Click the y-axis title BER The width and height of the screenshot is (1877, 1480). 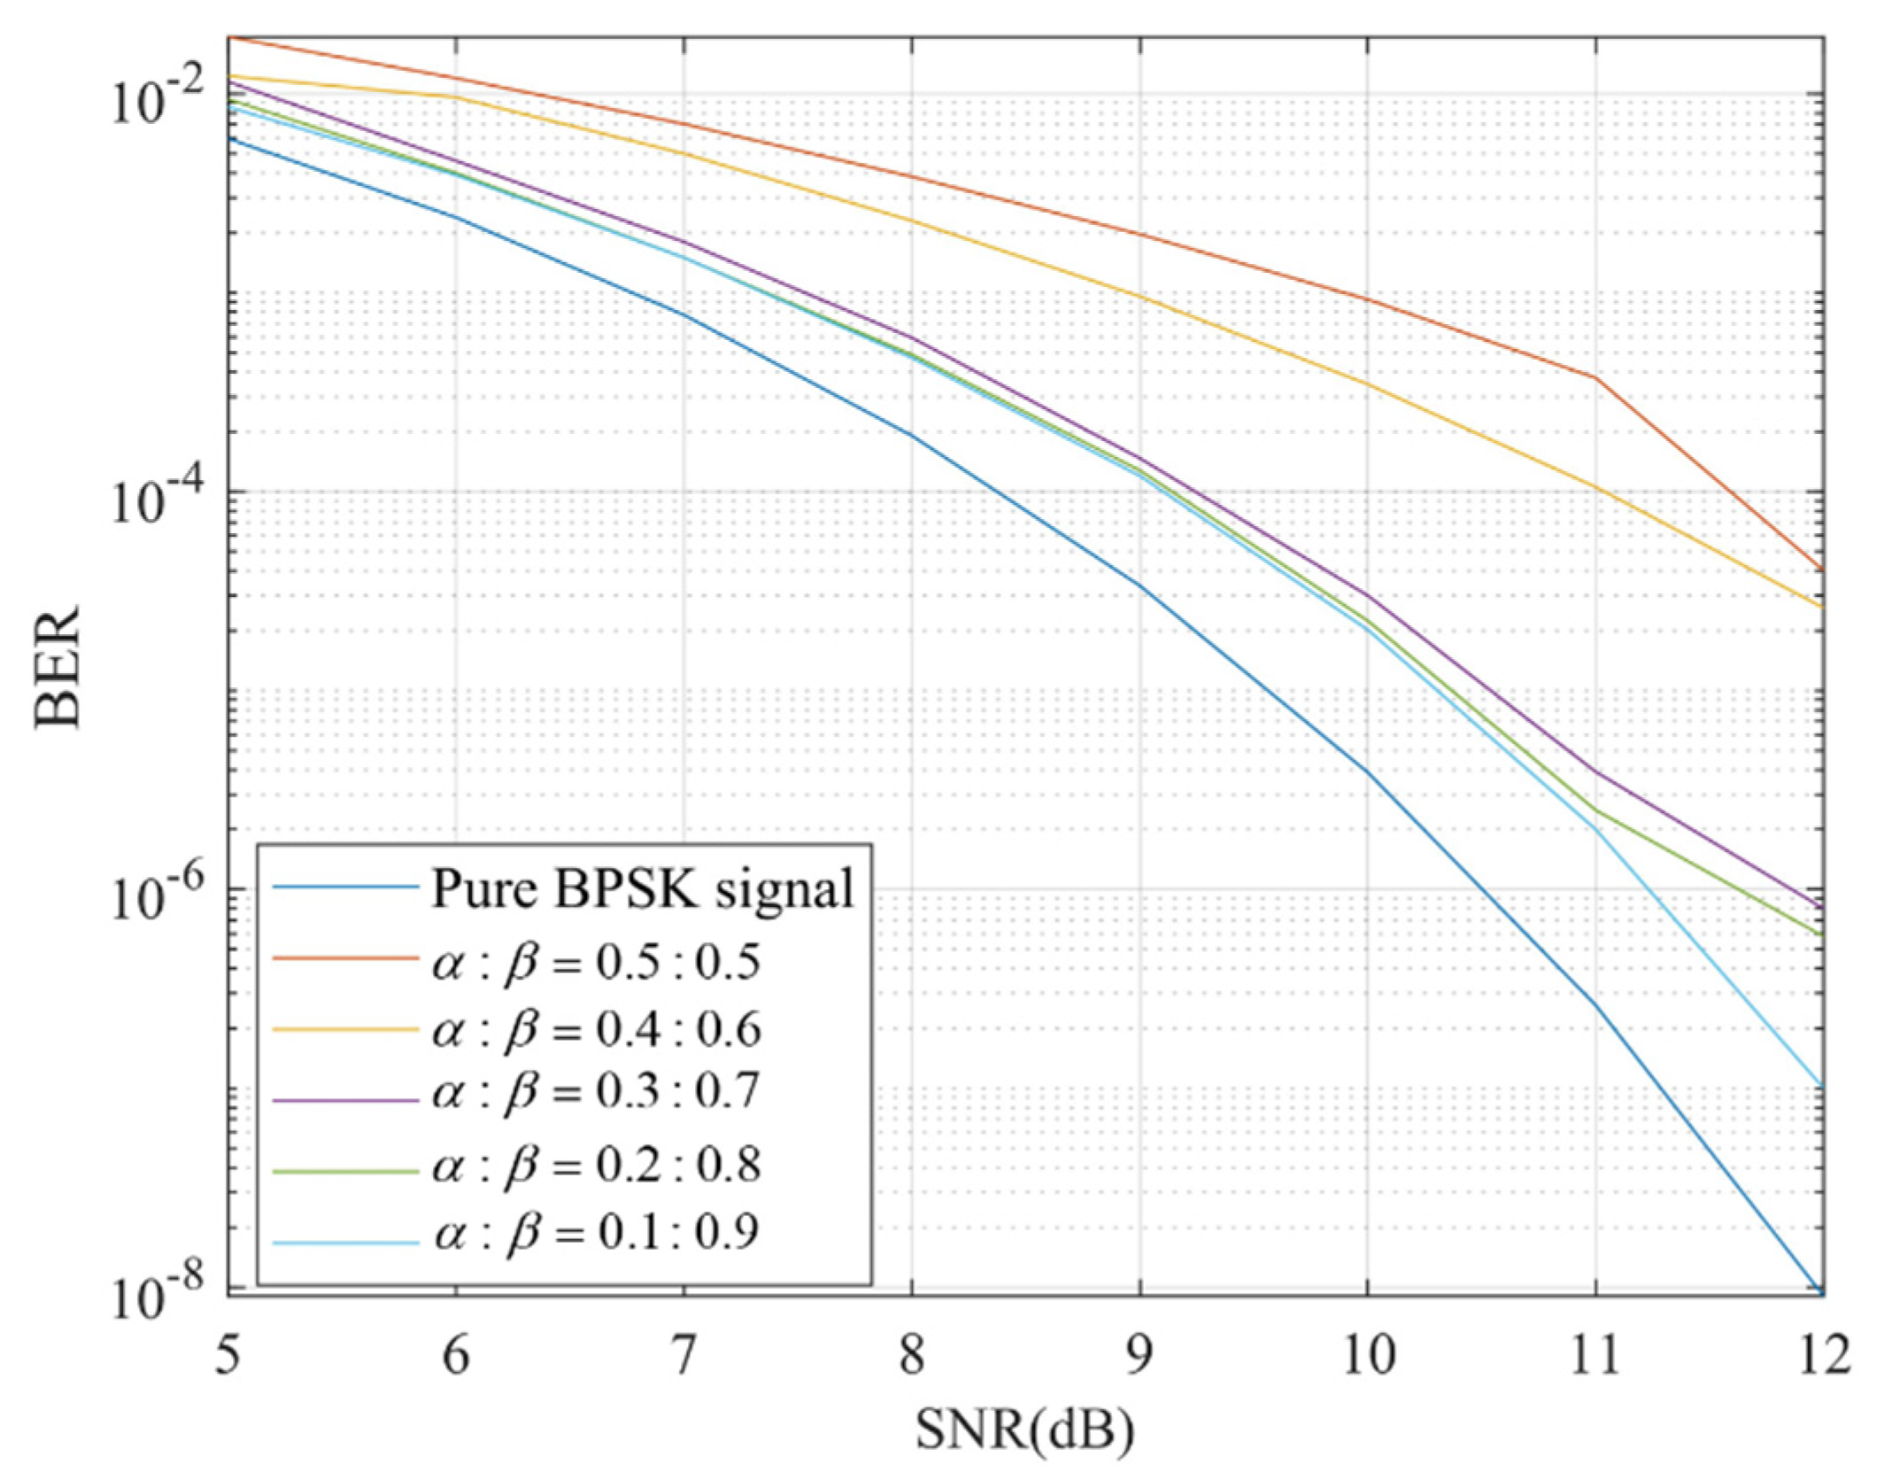(58, 666)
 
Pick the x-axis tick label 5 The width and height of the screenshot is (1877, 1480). (228, 1356)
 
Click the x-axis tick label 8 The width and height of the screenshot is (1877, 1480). (912, 1356)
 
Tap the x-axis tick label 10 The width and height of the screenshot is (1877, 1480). (1366, 1356)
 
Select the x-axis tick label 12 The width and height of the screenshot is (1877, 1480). (1821, 1356)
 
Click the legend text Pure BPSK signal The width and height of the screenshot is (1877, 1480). (643, 888)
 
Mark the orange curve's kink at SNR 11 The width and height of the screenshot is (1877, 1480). (1595, 378)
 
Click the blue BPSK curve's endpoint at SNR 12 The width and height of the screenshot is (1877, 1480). (1820, 1294)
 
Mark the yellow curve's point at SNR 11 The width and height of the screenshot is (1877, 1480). (1595, 487)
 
